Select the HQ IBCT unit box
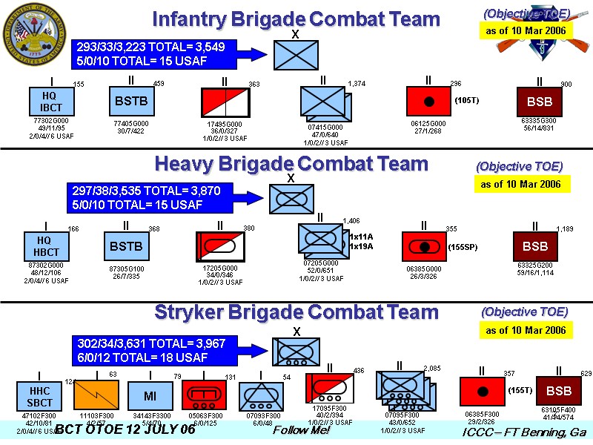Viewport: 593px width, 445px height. tap(51, 102)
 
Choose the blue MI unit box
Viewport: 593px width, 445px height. tap(150, 395)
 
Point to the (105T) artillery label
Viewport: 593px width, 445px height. tap(466, 100)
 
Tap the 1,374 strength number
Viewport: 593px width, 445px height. tap(357, 83)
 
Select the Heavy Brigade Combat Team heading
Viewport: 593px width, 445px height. tap(291, 164)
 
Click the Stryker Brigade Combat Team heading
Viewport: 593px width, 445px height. tap(296, 312)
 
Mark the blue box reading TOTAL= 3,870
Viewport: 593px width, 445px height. tap(145, 197)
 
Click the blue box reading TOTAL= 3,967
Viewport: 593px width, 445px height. tap(151, 351)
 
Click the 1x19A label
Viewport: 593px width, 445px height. tap(361, 247)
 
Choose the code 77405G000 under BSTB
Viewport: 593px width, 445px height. tap(131, 123)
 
